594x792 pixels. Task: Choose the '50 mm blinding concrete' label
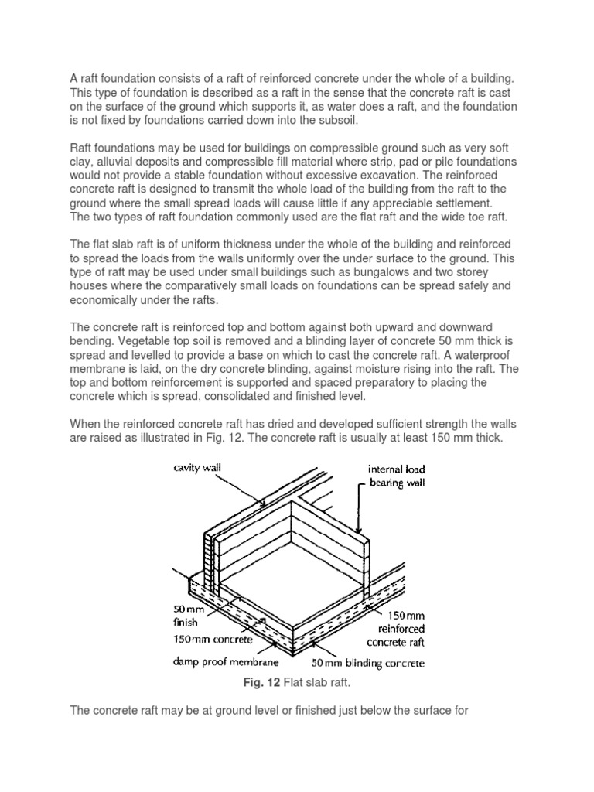(367, 663)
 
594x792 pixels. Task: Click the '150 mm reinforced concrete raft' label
(395, 627)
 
